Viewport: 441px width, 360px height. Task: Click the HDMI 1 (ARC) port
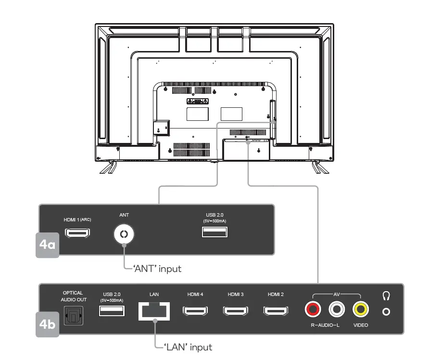77,233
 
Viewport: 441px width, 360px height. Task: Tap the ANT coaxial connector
124,234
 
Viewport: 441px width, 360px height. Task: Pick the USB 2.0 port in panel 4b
112,311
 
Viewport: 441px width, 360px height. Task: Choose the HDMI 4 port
195,311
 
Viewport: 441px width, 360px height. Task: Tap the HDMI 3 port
236,311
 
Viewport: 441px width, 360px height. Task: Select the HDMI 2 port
276,311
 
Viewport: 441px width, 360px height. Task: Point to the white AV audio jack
337,309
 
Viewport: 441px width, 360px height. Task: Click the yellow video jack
360,309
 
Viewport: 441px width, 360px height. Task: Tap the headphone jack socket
386,311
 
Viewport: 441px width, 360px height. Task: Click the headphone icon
386,295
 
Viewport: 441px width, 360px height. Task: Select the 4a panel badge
48,245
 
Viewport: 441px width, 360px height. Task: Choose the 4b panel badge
48,323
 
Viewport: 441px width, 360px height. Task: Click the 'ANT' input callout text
157,269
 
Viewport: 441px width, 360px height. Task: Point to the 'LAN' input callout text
188,347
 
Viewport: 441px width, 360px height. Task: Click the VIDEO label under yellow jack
360,325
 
